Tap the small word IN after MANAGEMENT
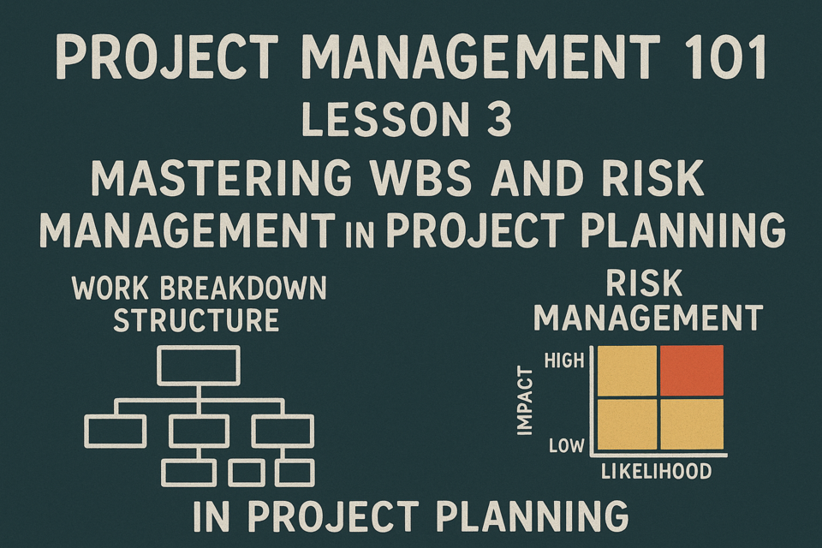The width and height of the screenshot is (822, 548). click(x=360, y=236)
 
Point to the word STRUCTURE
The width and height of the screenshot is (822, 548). click(x=196, y=320)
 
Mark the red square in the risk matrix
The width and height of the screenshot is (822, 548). click(x=692, y=370)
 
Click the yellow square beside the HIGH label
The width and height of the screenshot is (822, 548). click(x=627, y=370)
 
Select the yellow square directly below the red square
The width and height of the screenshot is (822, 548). click(x=692, y=424)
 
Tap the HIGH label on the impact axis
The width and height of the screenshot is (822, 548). click(x=564, y=360)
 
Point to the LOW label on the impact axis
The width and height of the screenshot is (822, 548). click(x=566, y=446)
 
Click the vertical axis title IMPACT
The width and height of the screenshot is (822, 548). click(x=525, y=401)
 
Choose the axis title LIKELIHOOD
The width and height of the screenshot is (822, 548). click(x=656, y=472)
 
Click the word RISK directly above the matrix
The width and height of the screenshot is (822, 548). click(x=644, y=283)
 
